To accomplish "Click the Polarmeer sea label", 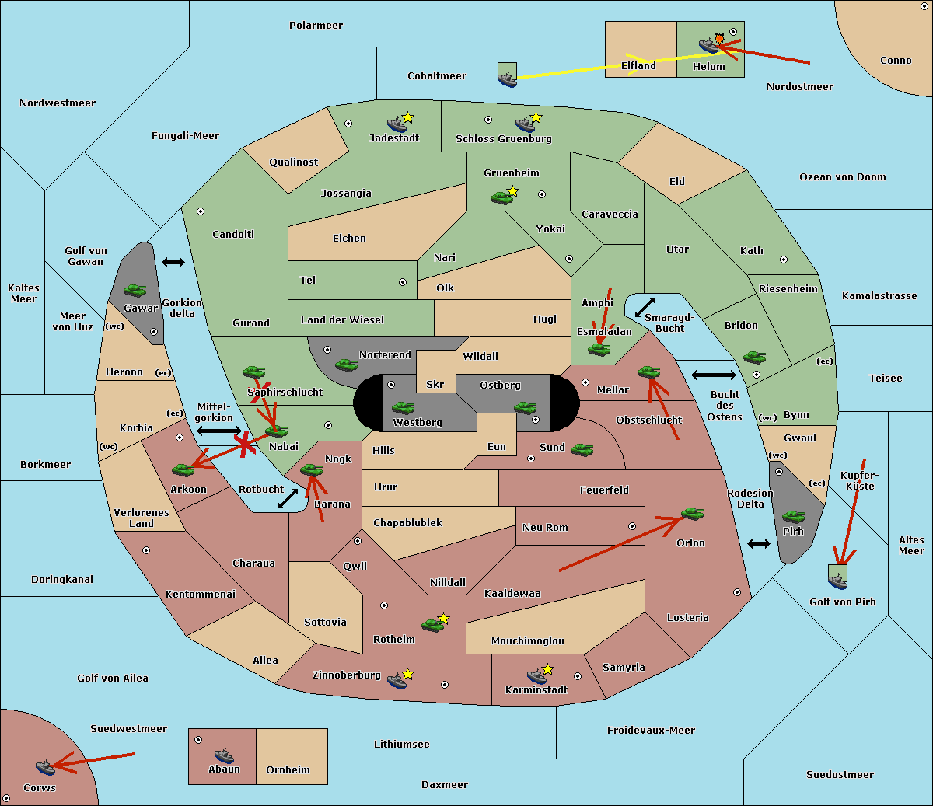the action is click(316, 26).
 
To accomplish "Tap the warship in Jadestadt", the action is click(397, 124).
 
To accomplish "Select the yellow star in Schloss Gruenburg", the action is click(536, 118).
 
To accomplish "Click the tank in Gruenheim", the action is click(501, 197).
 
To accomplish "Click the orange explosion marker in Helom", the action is click(719, 38).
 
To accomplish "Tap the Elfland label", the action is click(638, 66).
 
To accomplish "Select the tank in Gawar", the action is click(135, 290).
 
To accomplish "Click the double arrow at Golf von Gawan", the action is click(173, 262).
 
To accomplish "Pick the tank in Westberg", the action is click(403, 407).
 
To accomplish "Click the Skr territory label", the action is click(435, 384).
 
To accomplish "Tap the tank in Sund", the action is click(582, 449).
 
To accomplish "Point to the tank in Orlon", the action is click(693, 514).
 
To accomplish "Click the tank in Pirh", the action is click(793, 516).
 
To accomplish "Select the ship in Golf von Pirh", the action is click(838, 581).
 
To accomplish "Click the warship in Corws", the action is click(45, 767).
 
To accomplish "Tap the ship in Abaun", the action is click(224, 755).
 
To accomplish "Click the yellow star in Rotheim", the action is click(444, 618).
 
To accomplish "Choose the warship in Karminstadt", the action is click(536, 675).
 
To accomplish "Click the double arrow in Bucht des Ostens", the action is click(714, 375).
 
